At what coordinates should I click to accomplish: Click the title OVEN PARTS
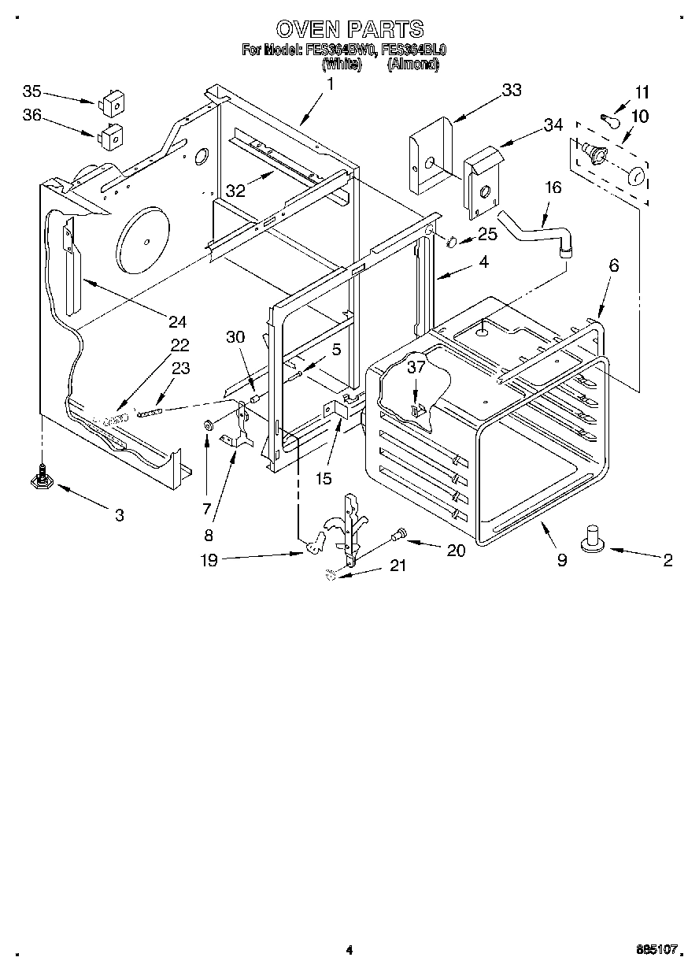(x=349, y=30)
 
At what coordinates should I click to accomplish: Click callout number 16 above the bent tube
(x=553, y=187)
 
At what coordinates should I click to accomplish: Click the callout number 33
(x=511, y=90)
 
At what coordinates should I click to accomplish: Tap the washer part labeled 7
(x=209, y=426)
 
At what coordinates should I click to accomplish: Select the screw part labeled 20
(x=401, y=535)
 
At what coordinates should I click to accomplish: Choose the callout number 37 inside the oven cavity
(x=416, y=366)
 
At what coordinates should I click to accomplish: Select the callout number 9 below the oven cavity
(x=561, y=560)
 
